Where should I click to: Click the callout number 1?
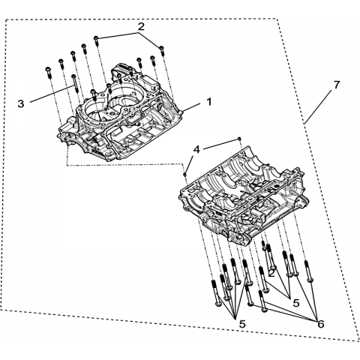[x=208, y=102]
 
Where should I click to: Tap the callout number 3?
[x=21, y=103]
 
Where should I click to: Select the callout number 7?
[x=337, y=85]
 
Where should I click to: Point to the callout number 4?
[x=196, y=150]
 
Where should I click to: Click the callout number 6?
[x=321, y=324]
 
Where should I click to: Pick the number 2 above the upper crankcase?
[x=141, y=27]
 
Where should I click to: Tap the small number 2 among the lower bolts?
[x=271, y=274]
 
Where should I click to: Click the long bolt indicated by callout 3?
[x=75, y=83]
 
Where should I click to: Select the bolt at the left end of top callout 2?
[x=97, y=40]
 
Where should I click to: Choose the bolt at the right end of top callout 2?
[x=162, y=50]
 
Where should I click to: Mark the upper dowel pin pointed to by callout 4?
[x=239, y=138]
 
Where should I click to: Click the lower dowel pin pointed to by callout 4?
[x=185, y=174]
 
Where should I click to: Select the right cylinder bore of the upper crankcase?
[x=123, y=98]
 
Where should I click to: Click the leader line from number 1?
[x=191, y=107]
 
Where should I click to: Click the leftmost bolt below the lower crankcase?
[x=215, y=292]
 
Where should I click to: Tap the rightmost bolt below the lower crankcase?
[x=308, y=271]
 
